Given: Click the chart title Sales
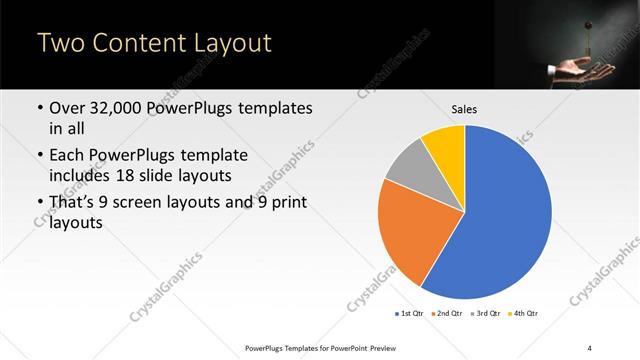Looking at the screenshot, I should click(465, 108).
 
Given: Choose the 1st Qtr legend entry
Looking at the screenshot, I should click(410, 314).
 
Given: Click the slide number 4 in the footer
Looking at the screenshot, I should click(590, 347).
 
